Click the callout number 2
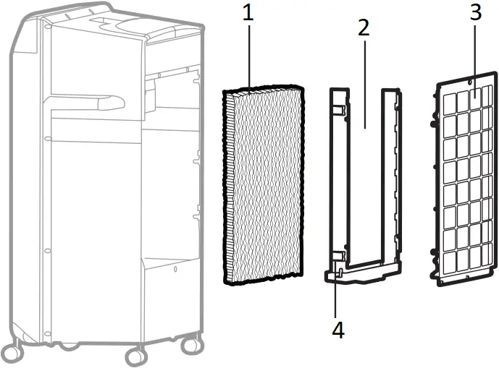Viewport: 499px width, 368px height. click(x=364, y=27)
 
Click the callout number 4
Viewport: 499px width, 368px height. click(x=338, y=330)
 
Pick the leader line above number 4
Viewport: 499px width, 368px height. click(x=338, y=296)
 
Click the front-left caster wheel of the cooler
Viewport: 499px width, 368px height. click(x=135, y=356)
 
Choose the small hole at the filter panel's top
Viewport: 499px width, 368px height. click(x=471, y=94)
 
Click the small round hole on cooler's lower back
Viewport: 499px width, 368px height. click(x=175, y=270)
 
